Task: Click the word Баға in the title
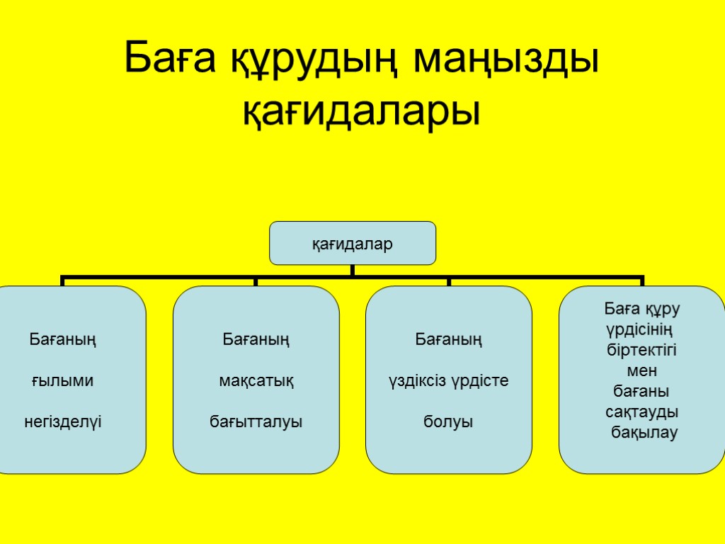point(173,60)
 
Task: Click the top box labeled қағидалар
point(353,243)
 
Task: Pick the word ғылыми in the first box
point(62,382)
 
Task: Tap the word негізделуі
point(63,423)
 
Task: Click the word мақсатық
point(256,382)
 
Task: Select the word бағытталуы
point(256,423)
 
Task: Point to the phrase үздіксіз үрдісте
point(449,381)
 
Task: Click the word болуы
point(448,423)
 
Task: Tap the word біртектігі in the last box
point(642,350)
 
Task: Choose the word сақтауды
point(642,412)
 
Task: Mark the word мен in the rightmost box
point(642,370)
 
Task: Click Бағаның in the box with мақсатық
point(256,340)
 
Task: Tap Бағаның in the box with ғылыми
point(63,340)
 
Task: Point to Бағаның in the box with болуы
point(449,340)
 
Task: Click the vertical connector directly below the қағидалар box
point(353,270)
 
